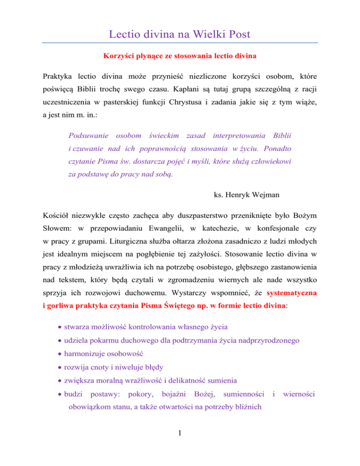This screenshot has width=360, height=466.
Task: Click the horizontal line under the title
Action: tap(180, 43)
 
